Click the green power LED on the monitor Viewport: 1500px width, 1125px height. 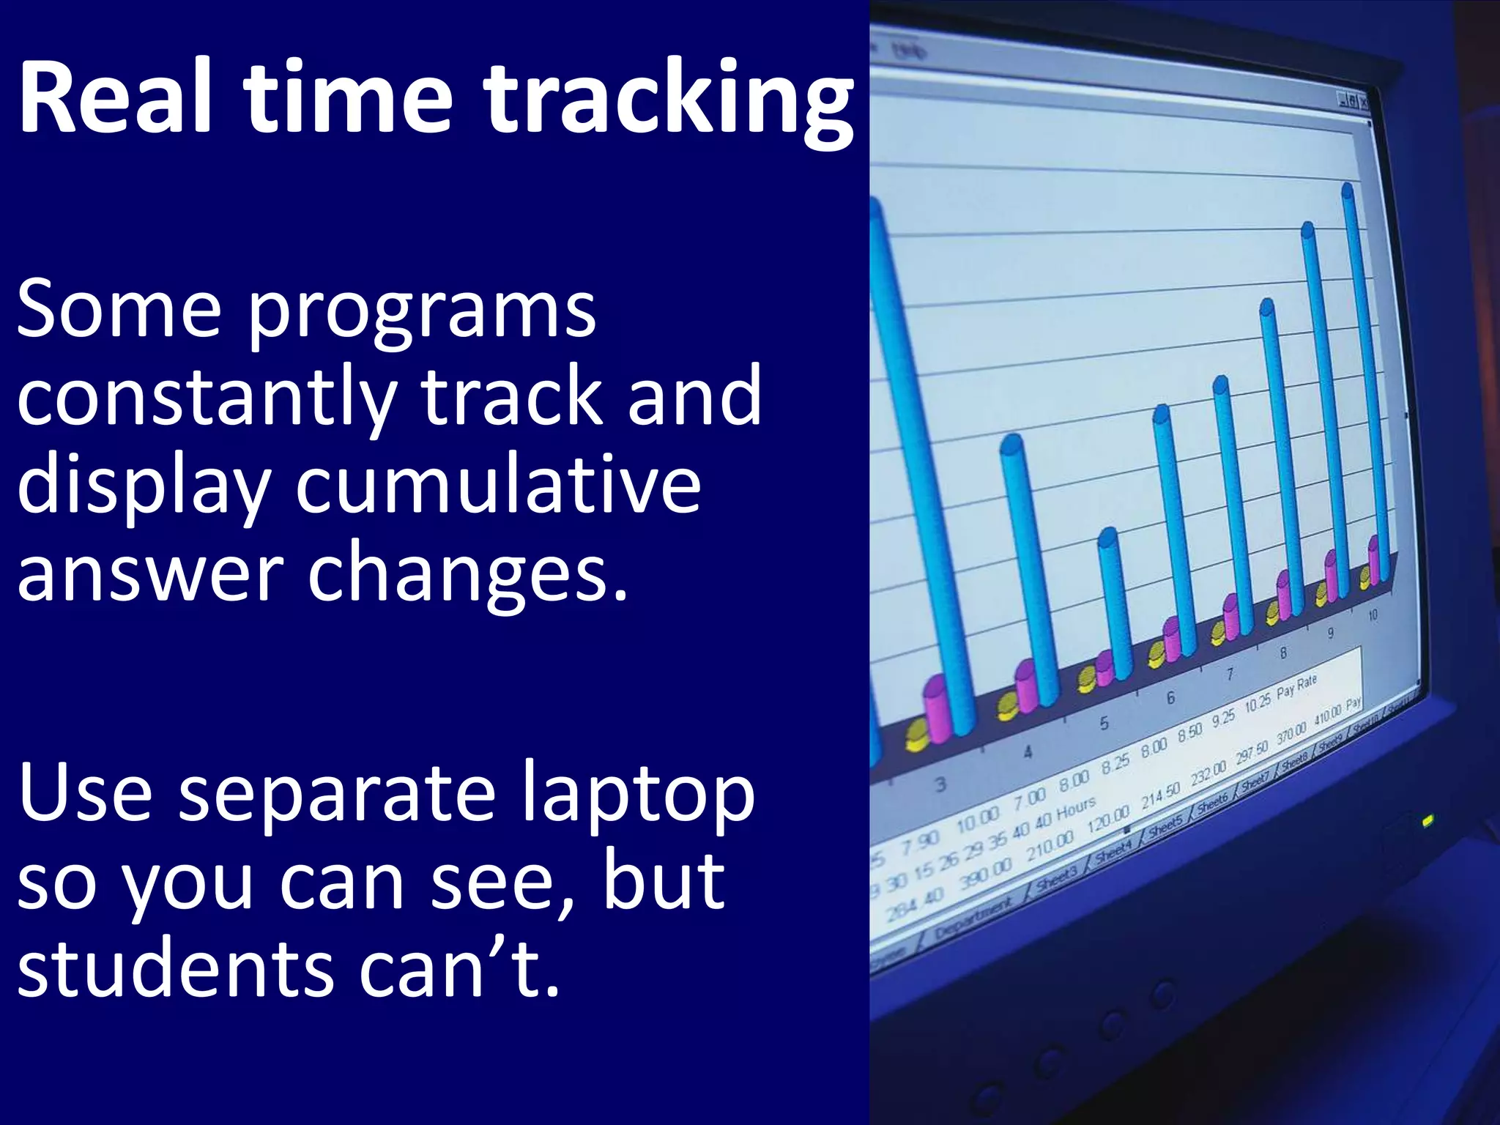1427,822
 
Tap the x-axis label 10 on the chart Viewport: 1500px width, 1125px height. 1373,615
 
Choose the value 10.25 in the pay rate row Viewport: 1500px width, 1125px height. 1258,702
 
